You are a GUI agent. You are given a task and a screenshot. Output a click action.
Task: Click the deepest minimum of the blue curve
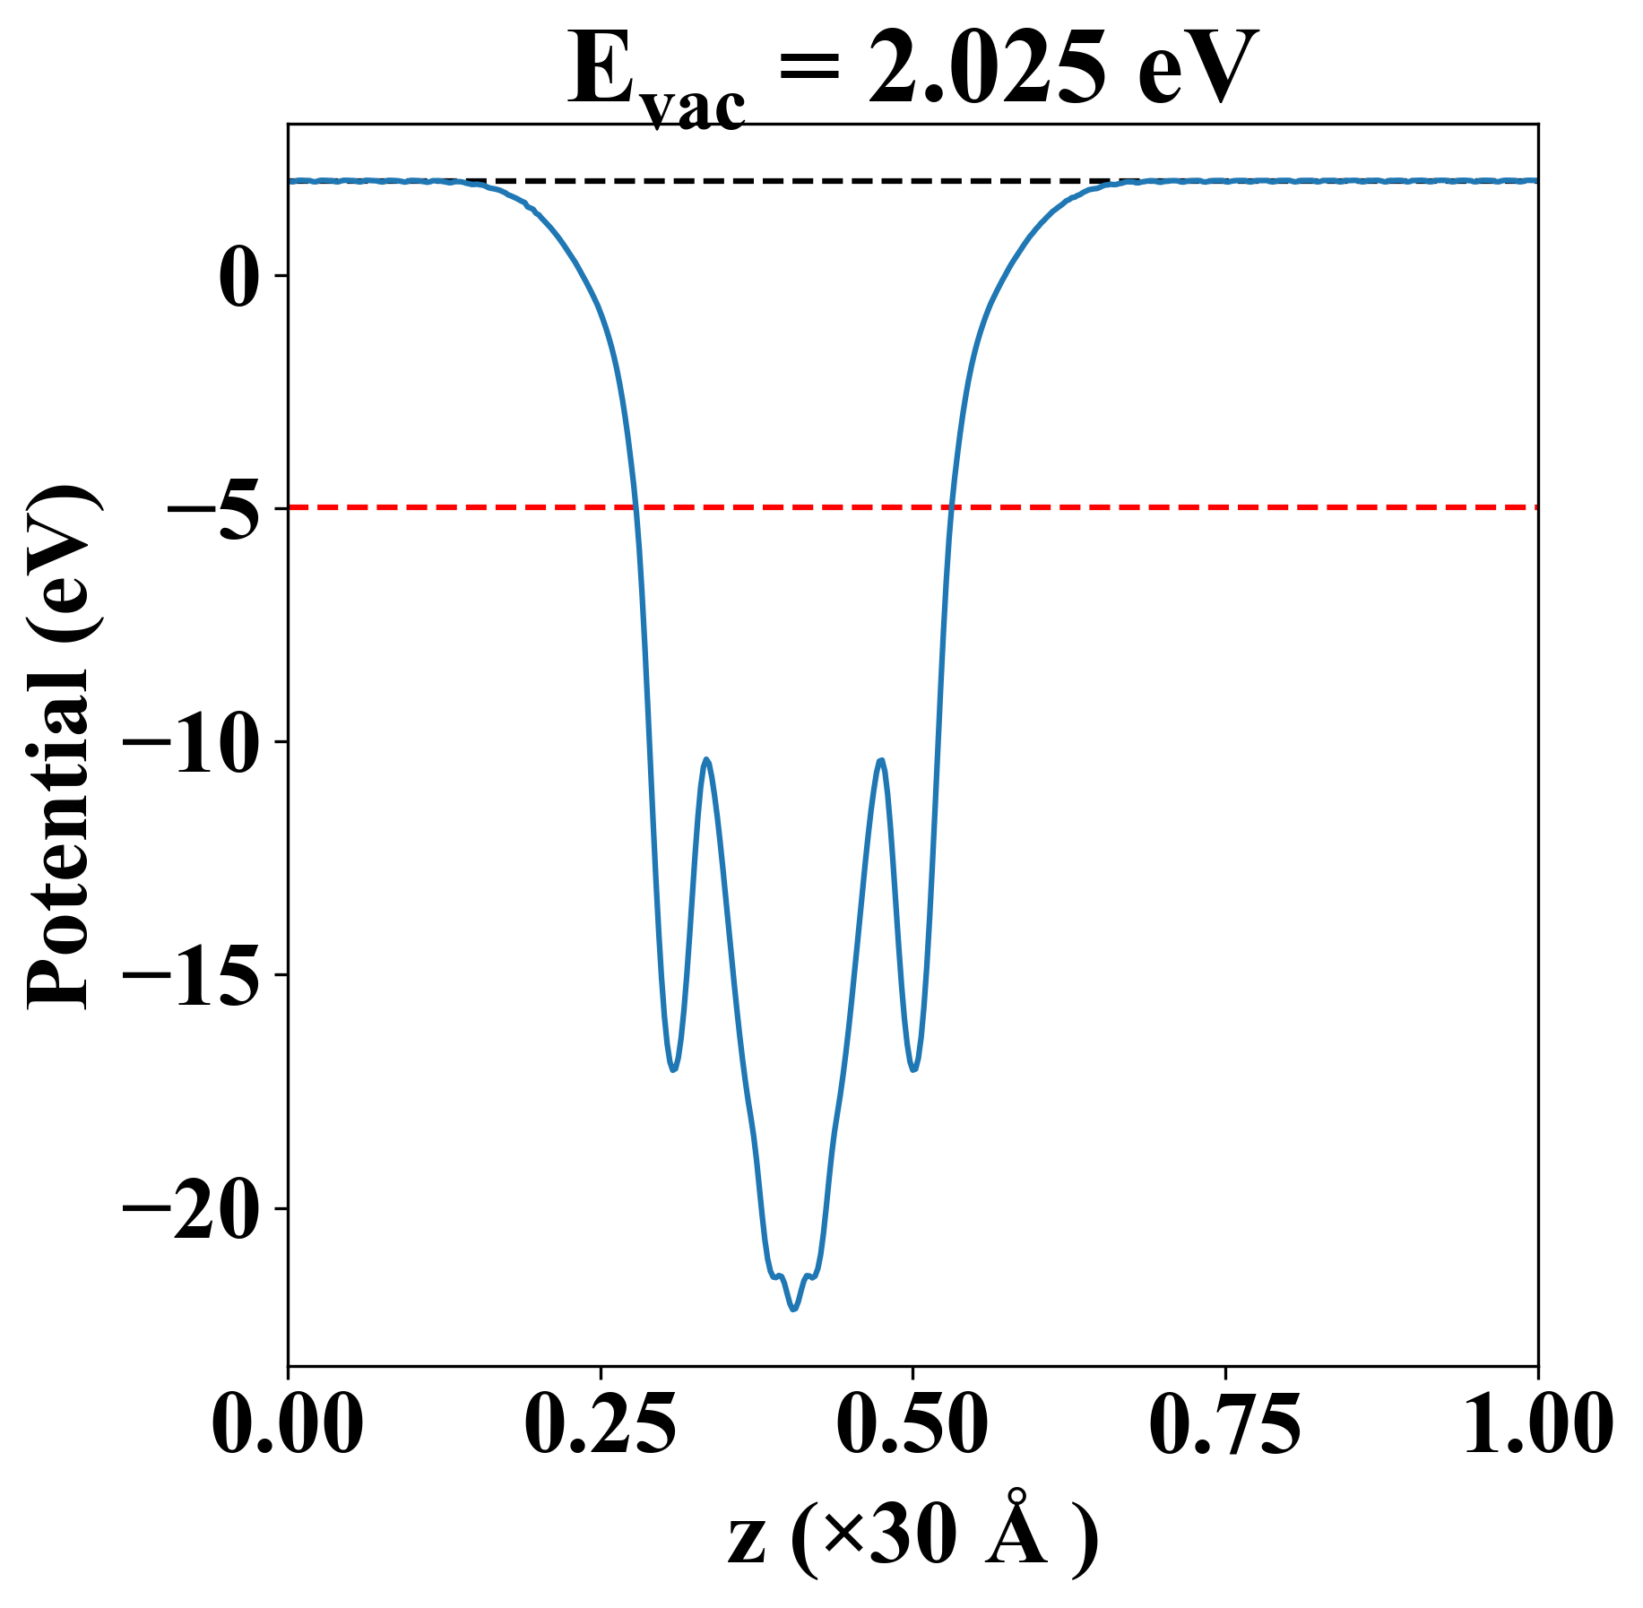tap(793, 1310)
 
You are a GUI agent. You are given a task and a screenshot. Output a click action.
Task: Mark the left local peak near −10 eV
tap(707, 759)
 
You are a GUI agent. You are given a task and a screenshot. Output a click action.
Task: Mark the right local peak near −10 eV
tap(882, 760)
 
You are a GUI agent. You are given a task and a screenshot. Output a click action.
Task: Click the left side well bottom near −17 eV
tap(673, 1069)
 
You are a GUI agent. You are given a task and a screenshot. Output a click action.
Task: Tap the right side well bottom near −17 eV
tap(913, 1069)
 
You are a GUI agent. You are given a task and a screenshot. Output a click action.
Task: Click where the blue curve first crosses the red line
tap(635, 507)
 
